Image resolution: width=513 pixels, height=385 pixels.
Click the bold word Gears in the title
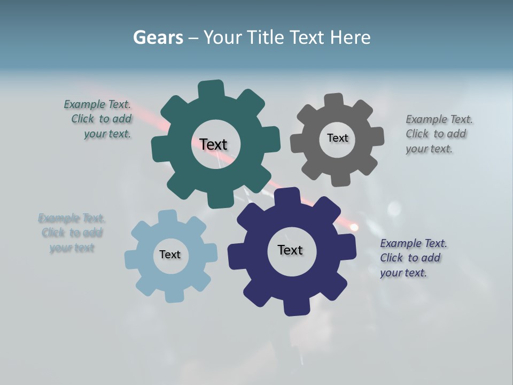[158, 37]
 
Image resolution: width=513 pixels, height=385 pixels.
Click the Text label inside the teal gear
[213, 144]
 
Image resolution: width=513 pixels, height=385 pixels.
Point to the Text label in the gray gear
[337, 138]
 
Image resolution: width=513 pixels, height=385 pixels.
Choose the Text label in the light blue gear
[170, 255]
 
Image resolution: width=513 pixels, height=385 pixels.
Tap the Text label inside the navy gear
[290, 250]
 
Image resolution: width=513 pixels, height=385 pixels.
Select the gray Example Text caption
[438, 134]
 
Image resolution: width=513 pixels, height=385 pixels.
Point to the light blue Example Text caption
[72, 233]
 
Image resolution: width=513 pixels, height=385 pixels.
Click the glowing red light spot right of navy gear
[354, 227]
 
